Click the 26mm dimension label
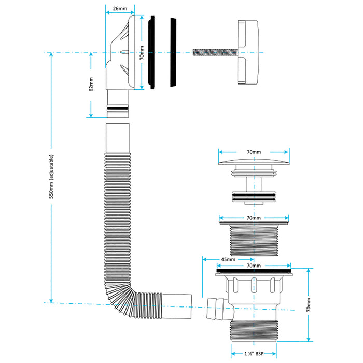point(119,9)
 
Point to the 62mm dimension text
point(91,84)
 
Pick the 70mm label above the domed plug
point(254,152)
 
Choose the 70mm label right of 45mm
point(254,266)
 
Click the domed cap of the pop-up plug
point(254,162)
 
